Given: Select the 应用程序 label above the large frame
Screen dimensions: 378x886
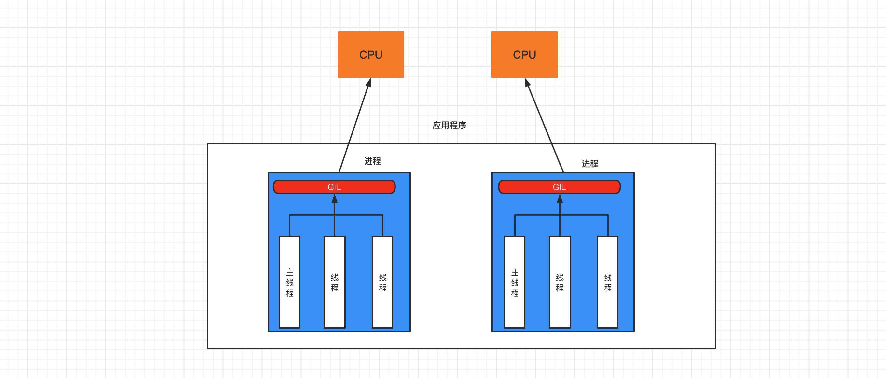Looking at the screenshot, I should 449,125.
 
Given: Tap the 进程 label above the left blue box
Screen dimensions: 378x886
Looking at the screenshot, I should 372,161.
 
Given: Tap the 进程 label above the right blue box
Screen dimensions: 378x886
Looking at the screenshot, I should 590,164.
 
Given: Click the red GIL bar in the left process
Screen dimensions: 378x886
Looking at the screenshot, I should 303,187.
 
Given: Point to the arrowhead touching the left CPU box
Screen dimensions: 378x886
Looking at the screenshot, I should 369,83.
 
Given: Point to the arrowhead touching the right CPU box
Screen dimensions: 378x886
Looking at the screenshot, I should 527,83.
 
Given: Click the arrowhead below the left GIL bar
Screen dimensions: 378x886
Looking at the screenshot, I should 334,199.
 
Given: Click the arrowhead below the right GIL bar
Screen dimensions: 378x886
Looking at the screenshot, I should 560,199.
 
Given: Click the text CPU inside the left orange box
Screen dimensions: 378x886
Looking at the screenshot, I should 371,55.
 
